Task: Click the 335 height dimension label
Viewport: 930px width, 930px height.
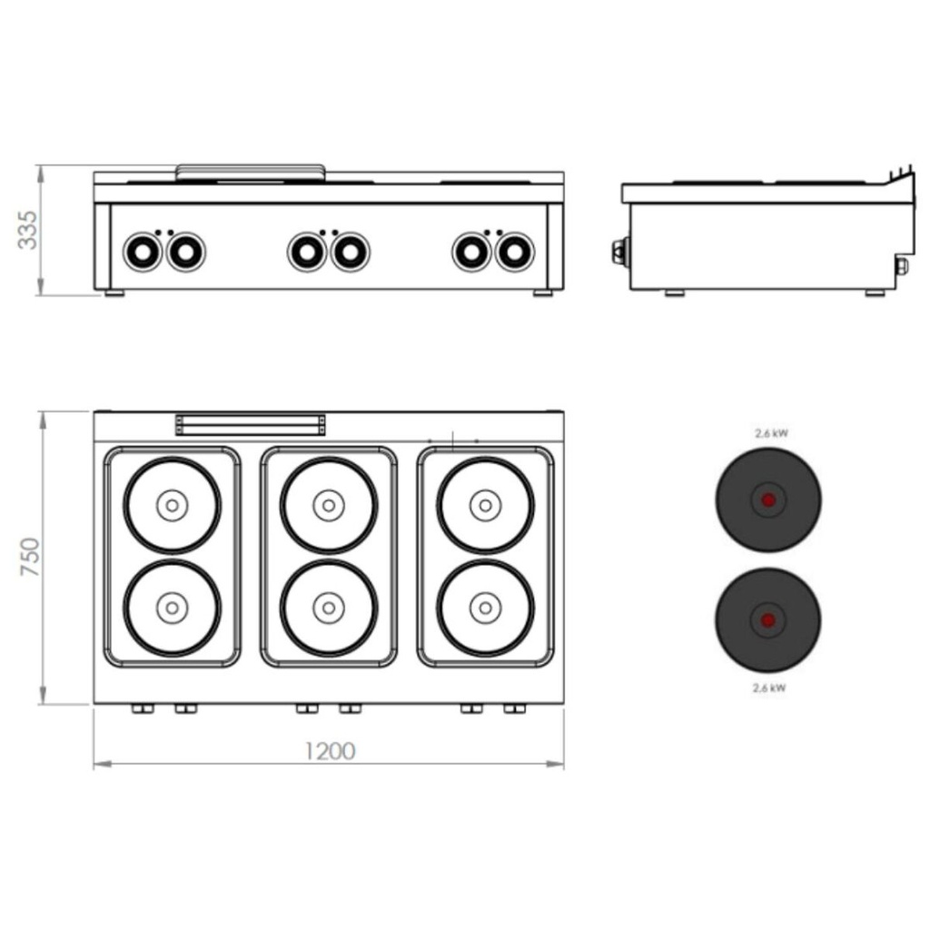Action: (x=28, y=230)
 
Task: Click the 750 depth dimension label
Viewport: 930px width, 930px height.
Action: (x=30, y=557)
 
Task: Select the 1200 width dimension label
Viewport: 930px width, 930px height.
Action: (x=330, y=751)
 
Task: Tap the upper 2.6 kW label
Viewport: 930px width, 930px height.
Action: (x=772, y=433)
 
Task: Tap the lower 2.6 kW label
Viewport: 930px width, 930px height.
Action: (x=769, y=688)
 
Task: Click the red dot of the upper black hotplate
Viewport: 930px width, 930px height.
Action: (x=768, y=500)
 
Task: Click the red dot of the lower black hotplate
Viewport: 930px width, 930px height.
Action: (x=767, y=620)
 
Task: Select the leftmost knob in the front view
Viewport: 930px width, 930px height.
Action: (x=143, y=252)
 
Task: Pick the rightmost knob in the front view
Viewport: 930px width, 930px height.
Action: (x=515, y=252)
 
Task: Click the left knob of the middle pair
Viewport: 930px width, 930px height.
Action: (x=307, y=252)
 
